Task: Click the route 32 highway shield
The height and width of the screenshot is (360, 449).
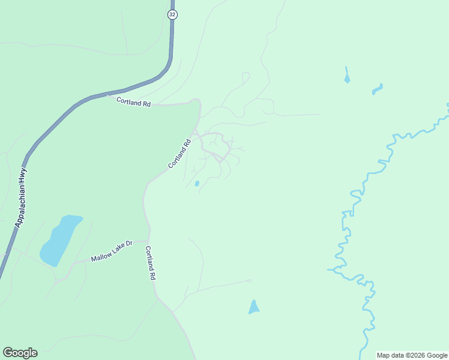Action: [172, 14]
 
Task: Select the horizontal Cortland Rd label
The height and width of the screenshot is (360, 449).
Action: [133, 103]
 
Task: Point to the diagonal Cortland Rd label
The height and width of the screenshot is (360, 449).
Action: [179, 153]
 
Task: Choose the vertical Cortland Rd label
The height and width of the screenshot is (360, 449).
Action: [151, 264]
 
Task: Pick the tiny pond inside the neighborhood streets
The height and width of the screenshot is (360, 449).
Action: [197, 184]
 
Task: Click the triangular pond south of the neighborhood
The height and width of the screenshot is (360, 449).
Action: [254, 308]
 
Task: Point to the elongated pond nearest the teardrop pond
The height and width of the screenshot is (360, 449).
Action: [377, 90]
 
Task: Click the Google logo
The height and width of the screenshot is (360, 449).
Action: [20, 353]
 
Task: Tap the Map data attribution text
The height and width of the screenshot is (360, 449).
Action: [412, 355]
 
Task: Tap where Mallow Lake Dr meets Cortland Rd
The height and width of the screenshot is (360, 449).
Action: [148, 241]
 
